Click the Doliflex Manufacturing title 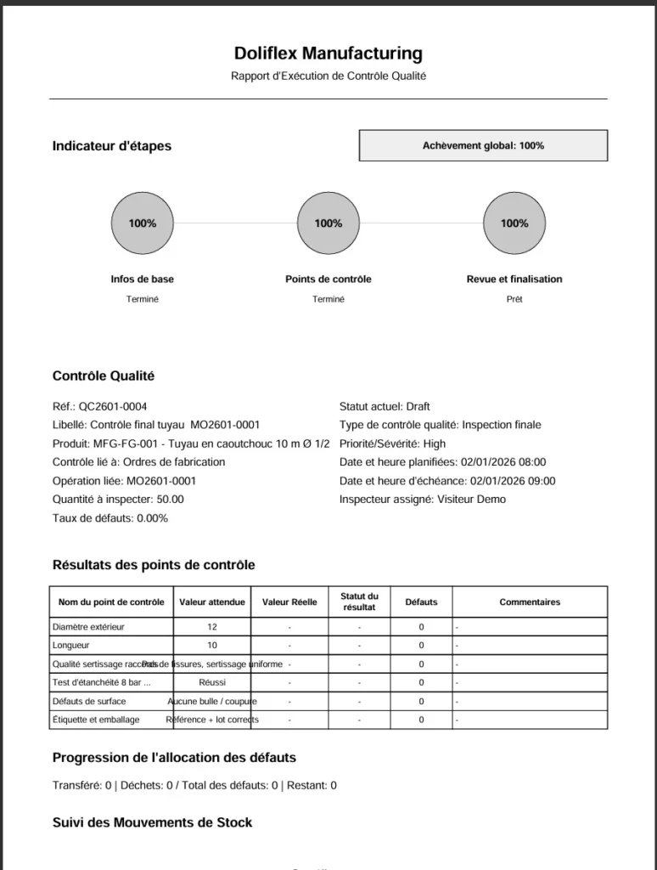click(328, 54)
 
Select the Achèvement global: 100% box click(483, 145)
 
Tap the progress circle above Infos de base click(143, 223)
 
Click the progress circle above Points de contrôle click(328, 223)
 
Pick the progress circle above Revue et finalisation click(514, 223)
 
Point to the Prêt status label click(514, 299)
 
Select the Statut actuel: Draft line click(385, 406)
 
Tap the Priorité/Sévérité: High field click(392, 443)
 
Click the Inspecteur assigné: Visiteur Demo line click(422, 500)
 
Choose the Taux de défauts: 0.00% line click(109, 518)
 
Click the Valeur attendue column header click(212, 602)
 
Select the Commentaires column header click(530, 602)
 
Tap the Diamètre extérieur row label click(88, 627)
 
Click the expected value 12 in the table click(212, 627)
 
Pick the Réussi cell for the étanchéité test click(212, 682)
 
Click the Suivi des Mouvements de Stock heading click(152, 822)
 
